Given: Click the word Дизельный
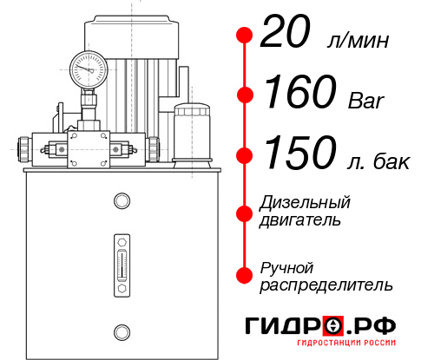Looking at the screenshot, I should pyautogui.click(x=306, y=203).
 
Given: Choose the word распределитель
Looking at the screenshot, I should pyautogui.click(x=326, y=285).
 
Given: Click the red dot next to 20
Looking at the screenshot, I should pyautogui.click(x=244, y=36).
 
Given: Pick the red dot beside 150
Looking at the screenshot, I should pyautogui.click(x=244, y=156).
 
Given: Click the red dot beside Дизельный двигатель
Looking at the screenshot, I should pyautogui.click(x=244, y=212).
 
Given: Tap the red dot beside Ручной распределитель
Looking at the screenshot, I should pyautogui.click(x=244, y=275).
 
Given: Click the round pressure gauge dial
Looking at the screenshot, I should pyautogui.click(x=89, y=66).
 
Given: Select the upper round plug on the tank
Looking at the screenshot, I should pyautogui.click(x=122, y=202).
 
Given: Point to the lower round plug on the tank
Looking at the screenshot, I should pyautogui.click(x=122, y=330).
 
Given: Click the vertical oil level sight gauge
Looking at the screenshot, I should pyautogui.click(x=122, y=261).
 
